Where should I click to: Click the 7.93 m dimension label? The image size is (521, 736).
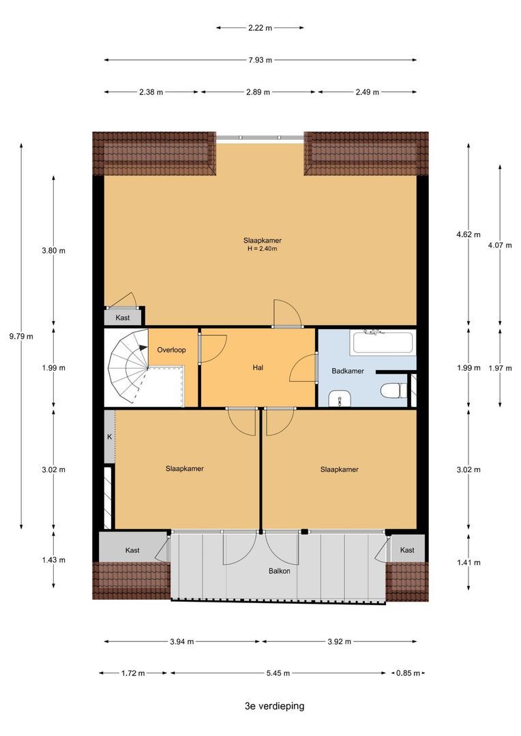click(260, 60)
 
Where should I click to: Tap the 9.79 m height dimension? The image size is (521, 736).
click(21, 336)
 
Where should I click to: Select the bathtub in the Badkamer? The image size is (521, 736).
click(383, 341)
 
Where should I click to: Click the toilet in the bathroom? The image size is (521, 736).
click(393, 390)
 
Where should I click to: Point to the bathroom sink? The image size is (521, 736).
click(340, 398)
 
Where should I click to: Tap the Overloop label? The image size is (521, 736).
click(171, 350)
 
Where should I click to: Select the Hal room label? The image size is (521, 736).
click(258, 367)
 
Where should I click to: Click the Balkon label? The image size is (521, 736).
click(279, 571)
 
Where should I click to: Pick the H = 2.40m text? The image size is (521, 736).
click(262, 249)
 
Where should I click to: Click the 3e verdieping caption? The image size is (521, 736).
click(274, 706)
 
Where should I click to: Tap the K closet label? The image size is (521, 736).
click(110, 437)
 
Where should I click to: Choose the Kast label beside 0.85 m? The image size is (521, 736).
click(407, 550)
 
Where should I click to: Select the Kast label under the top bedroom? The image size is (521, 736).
click(123, 318)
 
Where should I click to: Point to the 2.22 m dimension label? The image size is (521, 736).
click(260, 28)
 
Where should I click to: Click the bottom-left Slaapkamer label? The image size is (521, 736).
click(185, 468)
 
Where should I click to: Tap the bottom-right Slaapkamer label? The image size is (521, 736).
click(340, 470)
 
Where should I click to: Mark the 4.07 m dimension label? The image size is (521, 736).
click(500, 245)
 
